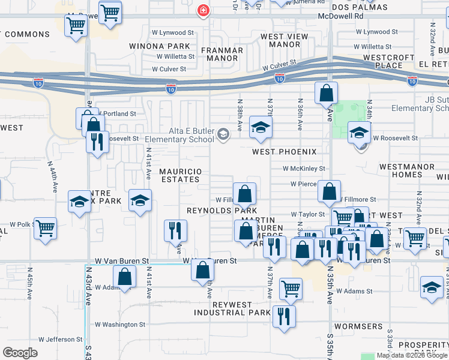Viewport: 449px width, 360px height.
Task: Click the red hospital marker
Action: pyautogui.click(x=203, y=10)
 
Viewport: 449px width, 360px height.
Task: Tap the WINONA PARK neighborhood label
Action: pyautogui.click(x=158, y=46)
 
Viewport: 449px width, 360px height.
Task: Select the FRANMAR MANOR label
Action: pyautogui.click(x=221, y=55)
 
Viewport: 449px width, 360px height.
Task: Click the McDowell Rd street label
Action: pyautogui.click(x=341, y=17)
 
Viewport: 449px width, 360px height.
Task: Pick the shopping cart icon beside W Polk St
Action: pyautogui.click(x=45, y=229)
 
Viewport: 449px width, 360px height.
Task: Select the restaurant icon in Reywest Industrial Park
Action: pyautogui.click(x=284, y=316)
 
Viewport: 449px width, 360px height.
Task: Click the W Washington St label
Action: pyautogui.click(x=120, y=325)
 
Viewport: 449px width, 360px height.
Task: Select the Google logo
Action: pyautogui.click(x=20, y=352)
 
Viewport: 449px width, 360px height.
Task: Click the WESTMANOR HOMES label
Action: pyautogui.click(x=401, y=170)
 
